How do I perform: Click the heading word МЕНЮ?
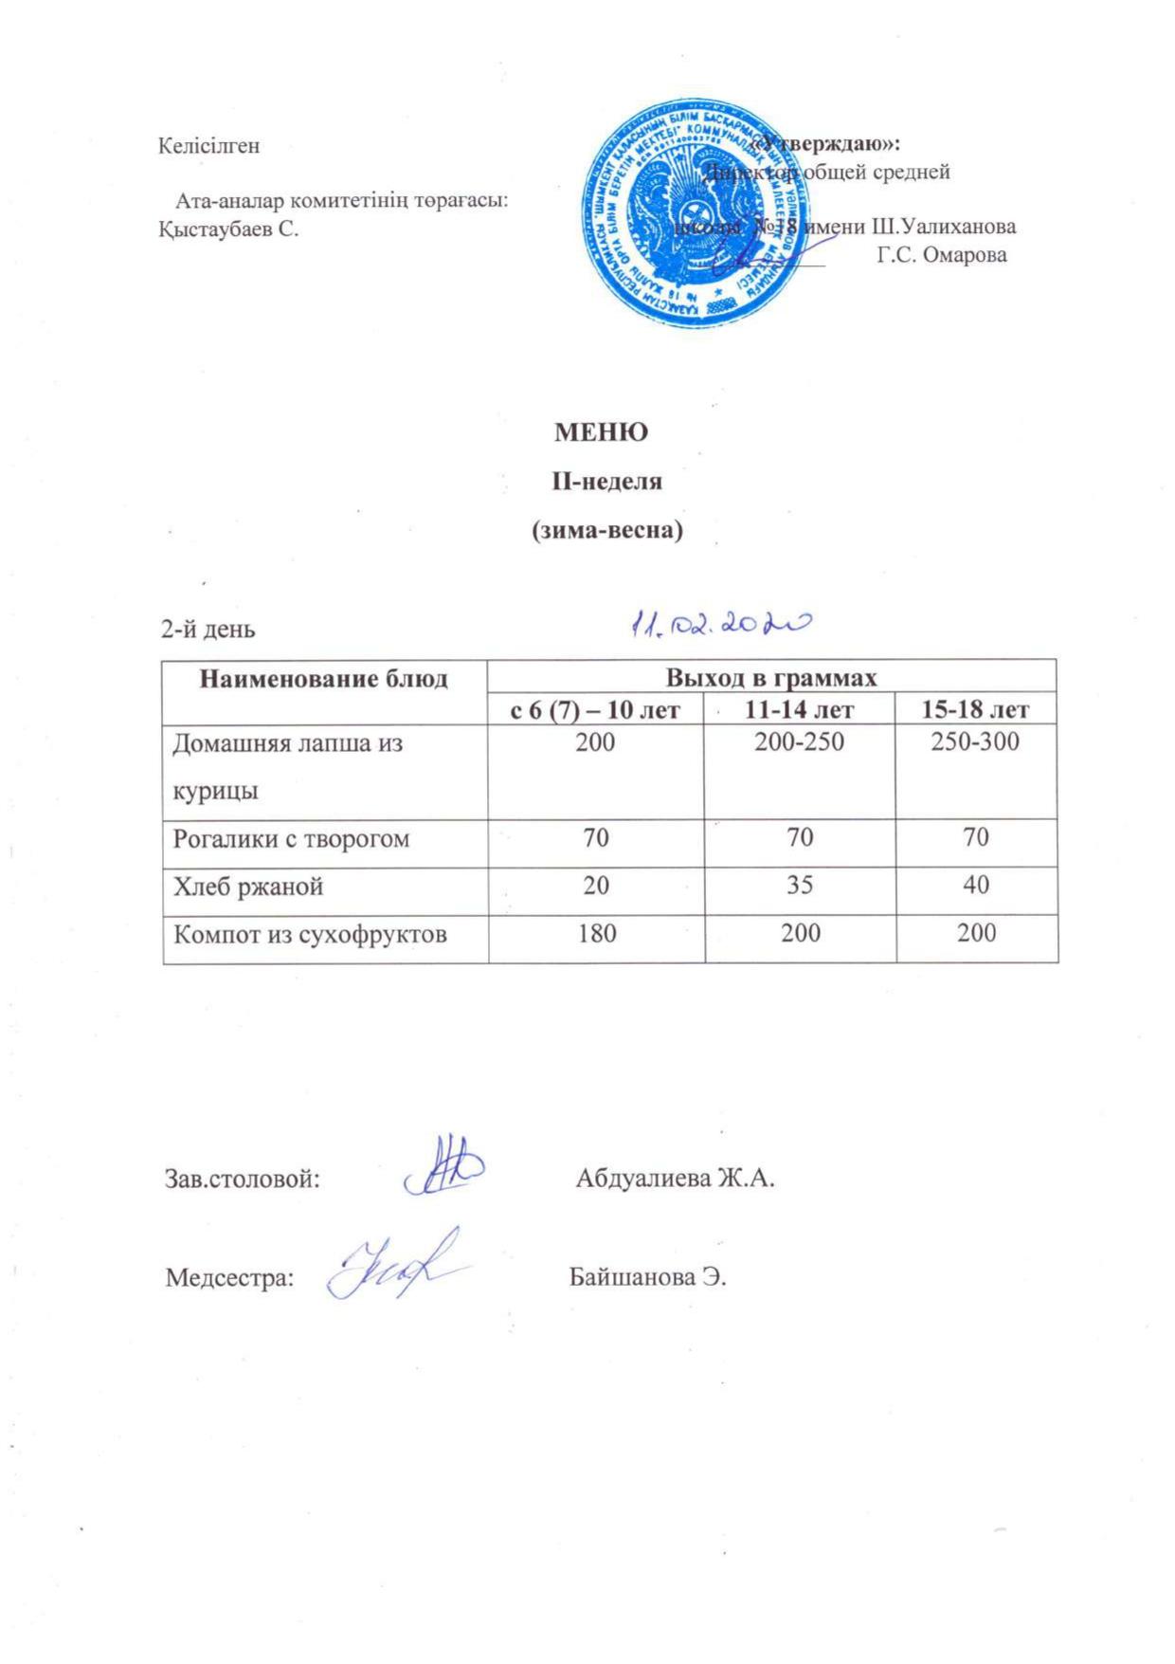pyautogui.click(x=601, y=432)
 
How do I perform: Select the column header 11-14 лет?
pyautogui.click(x=799, y=708)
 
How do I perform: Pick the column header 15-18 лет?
pyautogui.click(x=975, y=708)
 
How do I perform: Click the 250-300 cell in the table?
pyautogui.click(x=975, y=741)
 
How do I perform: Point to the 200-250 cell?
pyautogui.click(x=799, y=741)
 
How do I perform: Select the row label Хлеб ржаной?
pyautogui.click(x=248, y=887)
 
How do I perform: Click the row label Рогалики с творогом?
pyautogui.click(x=291, y=839)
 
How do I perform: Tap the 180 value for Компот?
pyautogui.click(x=596, y=934)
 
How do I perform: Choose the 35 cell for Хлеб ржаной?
pyautogui.click(x=799, y=886)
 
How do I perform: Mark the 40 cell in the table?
pyautogui.click(x=975, y=886)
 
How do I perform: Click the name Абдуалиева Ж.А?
pyautogui.click(x=676, y=1179)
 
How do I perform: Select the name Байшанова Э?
pyautogui.click(x=647, y=1277)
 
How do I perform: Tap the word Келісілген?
pyautogui.click(x=209, y=147)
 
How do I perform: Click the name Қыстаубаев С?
pyautogui.click(x=228, y=229)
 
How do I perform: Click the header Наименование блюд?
pyautogui.click(x=323, y=679)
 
